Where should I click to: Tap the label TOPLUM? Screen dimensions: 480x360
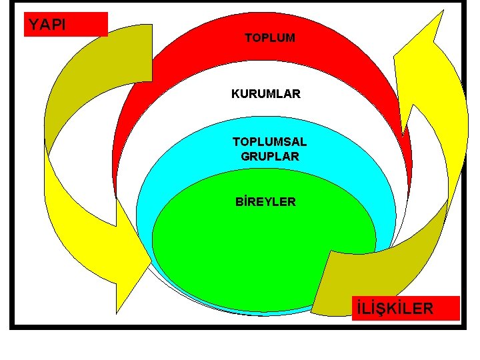(x=269, y=39)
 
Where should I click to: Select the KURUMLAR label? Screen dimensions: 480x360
(x=265, y=94)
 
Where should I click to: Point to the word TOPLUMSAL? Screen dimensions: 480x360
(x=269, y=142)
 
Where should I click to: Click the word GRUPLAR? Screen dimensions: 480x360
(x=269, y=157)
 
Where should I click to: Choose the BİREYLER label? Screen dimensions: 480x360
(x=265, y=201)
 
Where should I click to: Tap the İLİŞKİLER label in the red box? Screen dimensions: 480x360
(x=395, y=309)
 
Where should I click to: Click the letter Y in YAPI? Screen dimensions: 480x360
(x=33, y=25)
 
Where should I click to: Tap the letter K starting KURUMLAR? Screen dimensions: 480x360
(x=235, y=94)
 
